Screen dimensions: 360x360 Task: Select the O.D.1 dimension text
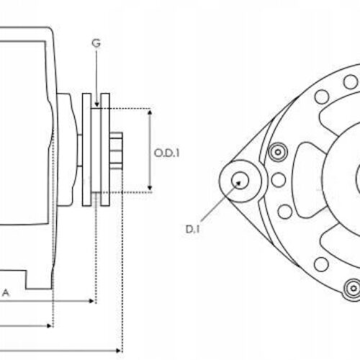166,152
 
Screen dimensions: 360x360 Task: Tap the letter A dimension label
6,292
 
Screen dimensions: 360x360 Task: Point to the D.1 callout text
192,230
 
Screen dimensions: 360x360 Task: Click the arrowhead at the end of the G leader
96,107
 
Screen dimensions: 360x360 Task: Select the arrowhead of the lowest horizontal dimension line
118,349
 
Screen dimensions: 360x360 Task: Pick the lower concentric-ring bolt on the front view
352,289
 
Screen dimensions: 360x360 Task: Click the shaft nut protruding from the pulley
117,151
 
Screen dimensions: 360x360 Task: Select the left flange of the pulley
86,148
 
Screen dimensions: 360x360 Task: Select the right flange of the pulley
105,148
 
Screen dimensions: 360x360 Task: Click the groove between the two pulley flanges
96,151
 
